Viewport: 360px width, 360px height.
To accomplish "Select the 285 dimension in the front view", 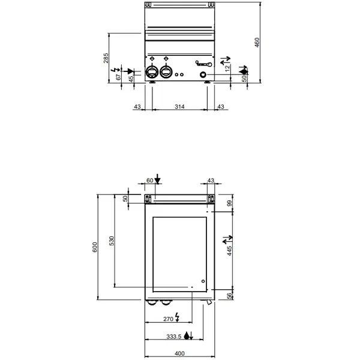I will point(106,58).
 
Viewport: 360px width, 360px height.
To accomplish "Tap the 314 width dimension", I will point(179,106).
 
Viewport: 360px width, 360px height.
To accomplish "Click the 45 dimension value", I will point(131,79).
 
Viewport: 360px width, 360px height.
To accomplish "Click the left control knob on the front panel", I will point(152,73).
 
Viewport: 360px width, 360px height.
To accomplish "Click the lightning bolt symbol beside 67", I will point(116,70).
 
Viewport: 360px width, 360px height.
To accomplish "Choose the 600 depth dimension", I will point(95,248).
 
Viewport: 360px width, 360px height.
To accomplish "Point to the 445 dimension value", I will point(228,249).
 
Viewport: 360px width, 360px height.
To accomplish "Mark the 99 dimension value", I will point(228,205).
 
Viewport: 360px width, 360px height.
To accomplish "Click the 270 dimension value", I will point(168,319).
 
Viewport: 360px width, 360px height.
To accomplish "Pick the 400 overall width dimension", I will point(179,353).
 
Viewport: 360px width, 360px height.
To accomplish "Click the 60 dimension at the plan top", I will point(149,180).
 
